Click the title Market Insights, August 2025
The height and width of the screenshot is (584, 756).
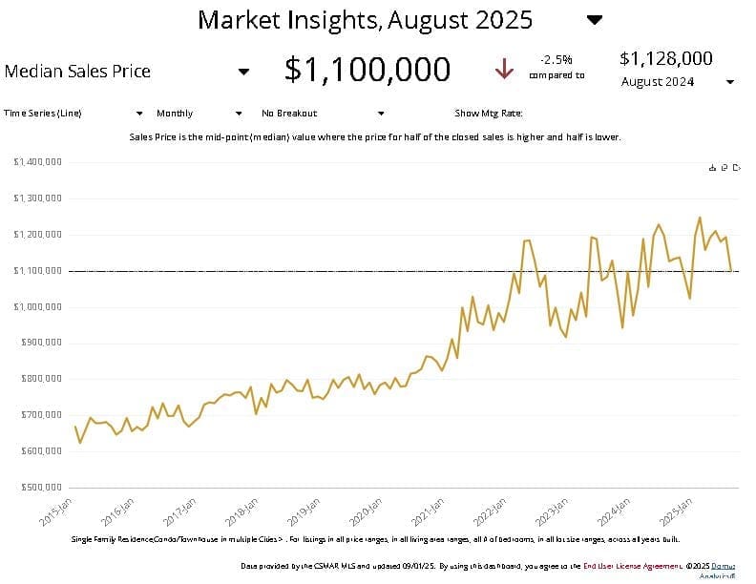click(365, 19)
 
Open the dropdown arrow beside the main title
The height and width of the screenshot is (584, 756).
click(595, 20)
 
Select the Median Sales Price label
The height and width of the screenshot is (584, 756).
click(77, 71)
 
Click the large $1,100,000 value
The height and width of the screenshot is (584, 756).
click(367, 69)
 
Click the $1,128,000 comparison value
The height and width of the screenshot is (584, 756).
click(666, 58)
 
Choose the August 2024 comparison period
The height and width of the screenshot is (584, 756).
click(658, 81)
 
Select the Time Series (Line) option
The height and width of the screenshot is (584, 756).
click(43, 113)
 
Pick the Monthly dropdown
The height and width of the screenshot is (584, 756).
click(175, 113)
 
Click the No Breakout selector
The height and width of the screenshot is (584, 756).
click(289, 113)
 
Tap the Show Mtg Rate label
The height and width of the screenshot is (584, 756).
click(489, 113)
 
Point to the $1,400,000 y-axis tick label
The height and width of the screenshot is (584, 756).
click(38, 162)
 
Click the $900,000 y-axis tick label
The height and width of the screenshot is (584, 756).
click(40, 343)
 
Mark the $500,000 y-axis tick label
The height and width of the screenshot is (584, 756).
click(40, 488)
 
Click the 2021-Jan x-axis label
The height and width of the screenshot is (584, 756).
click(429, 511)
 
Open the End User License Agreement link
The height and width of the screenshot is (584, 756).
click(624, 565)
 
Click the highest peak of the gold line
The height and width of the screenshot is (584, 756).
click(700, 218)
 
